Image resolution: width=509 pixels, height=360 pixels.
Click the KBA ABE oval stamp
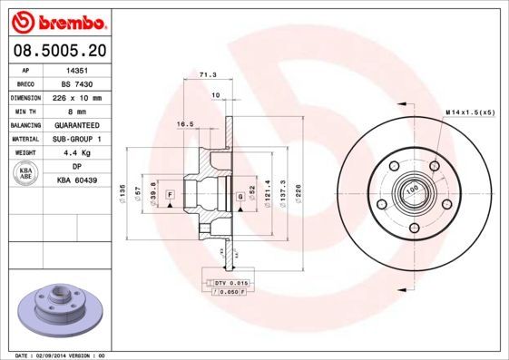pos(26,174)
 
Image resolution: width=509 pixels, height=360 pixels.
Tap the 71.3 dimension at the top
pos(207,77)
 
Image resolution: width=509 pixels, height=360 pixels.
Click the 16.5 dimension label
pos(186,123)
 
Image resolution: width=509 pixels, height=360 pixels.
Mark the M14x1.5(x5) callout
pos(470,112)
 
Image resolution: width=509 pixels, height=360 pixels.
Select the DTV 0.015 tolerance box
pos(230,283)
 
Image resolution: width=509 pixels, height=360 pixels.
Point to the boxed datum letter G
pos(240,196)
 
